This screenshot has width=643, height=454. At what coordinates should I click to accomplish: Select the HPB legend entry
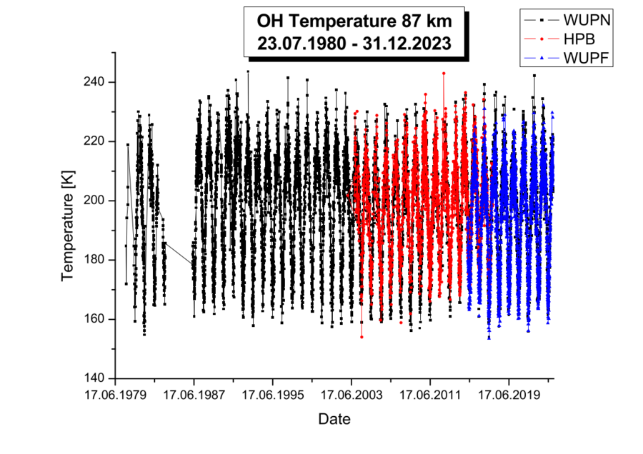577,37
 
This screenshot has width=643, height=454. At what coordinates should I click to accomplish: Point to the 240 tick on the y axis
94,82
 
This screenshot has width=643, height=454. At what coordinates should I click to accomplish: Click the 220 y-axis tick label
94,141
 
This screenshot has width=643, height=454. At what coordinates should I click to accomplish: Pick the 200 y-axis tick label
94,201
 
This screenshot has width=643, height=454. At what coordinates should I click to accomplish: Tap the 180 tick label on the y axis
94,260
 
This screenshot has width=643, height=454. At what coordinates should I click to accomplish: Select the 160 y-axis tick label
94,319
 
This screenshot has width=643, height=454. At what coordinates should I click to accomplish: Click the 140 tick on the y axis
94,378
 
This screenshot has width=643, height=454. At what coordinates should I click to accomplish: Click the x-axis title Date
334,420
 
